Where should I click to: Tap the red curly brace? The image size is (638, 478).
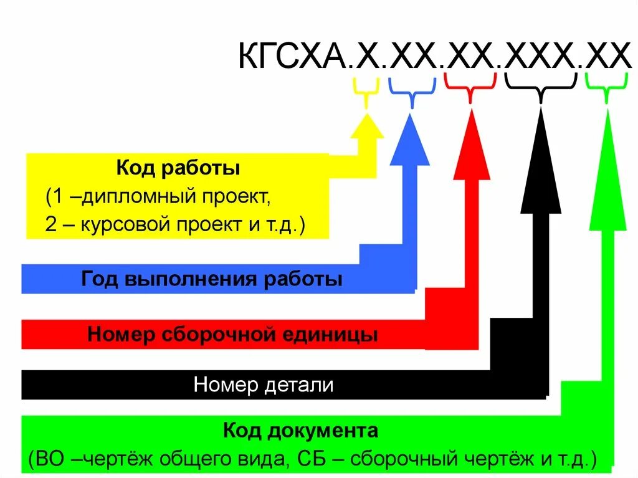click(470, 86)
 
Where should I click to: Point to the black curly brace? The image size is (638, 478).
click(540, 87)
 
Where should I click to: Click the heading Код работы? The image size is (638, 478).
click(178, 168)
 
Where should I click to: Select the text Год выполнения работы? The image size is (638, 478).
click(212, 279)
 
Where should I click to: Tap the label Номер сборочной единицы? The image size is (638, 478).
click(232, 335)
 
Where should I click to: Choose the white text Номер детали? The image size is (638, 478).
click(264, 385)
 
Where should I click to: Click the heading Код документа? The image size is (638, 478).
click(300, 431)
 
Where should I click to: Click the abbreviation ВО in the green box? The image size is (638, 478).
click(50, 459)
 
